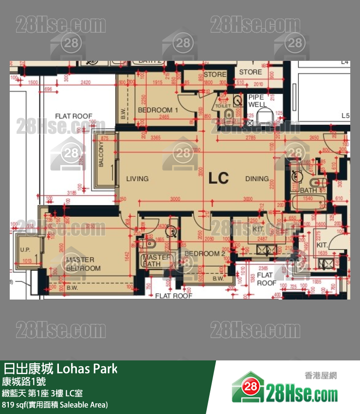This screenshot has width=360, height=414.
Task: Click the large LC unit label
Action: (218, 178)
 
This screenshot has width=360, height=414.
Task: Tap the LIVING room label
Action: (137, 179)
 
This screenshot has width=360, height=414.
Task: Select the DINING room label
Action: (256, 179)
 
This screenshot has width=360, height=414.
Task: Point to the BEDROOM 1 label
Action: (158, 110)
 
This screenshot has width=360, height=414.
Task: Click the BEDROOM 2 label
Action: (205, 253)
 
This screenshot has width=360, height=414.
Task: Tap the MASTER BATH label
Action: (156, 261)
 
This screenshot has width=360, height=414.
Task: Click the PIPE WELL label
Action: (257, 101)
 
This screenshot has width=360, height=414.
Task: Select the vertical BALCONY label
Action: (101, 154)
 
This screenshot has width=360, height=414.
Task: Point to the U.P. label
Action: (25, 250)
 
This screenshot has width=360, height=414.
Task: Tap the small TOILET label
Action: (223, 105)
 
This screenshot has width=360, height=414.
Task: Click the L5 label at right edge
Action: (345, 115)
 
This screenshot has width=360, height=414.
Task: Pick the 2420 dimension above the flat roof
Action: (86, 83)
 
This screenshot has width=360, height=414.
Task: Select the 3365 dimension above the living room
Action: (156, 138)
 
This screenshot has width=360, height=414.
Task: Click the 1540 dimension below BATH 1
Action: (308, 199)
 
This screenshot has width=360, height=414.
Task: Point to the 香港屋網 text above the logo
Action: (321, 376)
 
